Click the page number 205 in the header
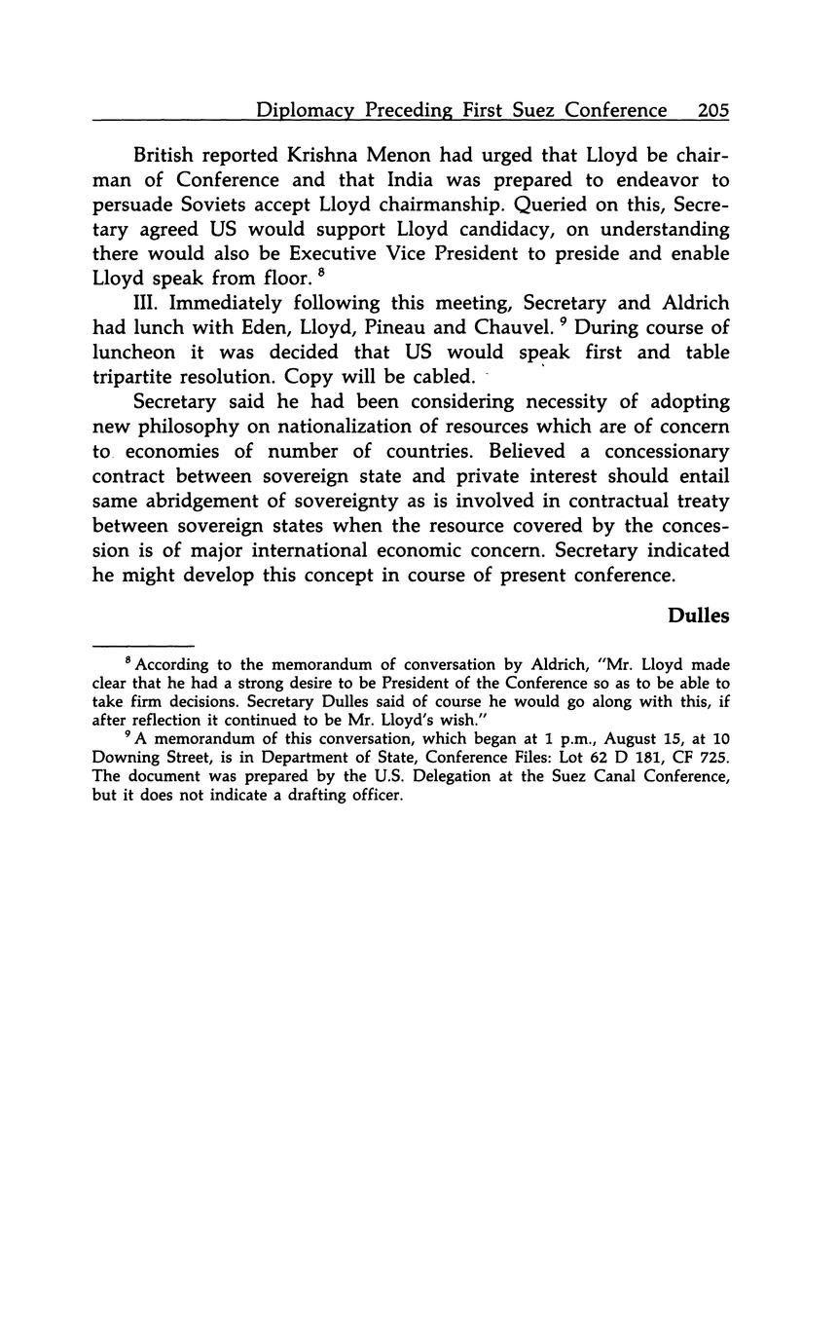(x=712, y=111)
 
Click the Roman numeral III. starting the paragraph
(x=146, y=303)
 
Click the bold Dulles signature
(x=698, y=616)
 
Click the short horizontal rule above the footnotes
(x=143, y=645)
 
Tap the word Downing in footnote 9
(x=125, y=760)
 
